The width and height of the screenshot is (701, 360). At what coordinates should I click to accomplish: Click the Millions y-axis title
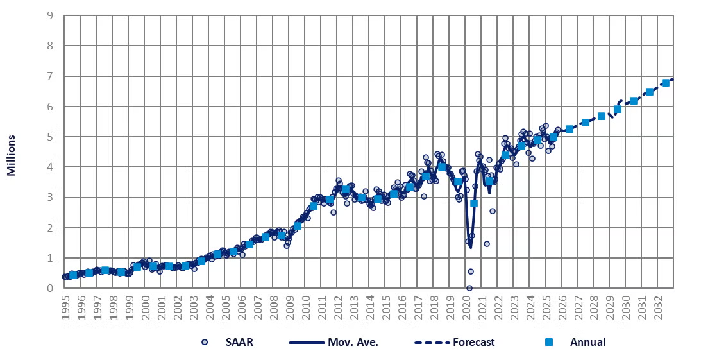coord(12,155)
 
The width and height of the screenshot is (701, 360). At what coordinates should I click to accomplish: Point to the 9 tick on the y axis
coord(50,15)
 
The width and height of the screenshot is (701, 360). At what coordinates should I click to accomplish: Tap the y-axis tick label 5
coord(50,137)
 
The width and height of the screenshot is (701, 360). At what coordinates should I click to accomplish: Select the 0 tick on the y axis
coord(50,289)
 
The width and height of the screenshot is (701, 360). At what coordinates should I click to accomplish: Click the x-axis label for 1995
coord(65,308)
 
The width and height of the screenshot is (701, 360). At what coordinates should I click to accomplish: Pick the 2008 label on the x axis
coord(274,308)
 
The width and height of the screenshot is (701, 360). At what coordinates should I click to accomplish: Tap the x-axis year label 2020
coord(466,308)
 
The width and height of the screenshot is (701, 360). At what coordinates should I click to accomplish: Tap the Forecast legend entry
coord(473,342)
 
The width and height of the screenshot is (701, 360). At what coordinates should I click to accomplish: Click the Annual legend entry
coord(587,342)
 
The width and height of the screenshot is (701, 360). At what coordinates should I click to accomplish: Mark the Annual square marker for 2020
coord(474,203)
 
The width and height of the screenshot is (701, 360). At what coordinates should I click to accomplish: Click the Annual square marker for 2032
coord(666,83)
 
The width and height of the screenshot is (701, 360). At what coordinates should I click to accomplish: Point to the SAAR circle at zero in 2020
coord(469,288)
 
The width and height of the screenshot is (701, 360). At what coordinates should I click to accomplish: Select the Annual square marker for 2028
coord(602,116)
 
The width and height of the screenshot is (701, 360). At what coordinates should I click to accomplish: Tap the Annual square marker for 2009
coord(298,225)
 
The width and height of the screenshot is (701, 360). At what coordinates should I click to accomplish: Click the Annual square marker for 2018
coord(442,167)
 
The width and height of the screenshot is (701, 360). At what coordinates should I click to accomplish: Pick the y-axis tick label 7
coord(50,76)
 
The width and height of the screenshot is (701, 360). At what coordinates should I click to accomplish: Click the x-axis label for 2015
coord(386,308)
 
